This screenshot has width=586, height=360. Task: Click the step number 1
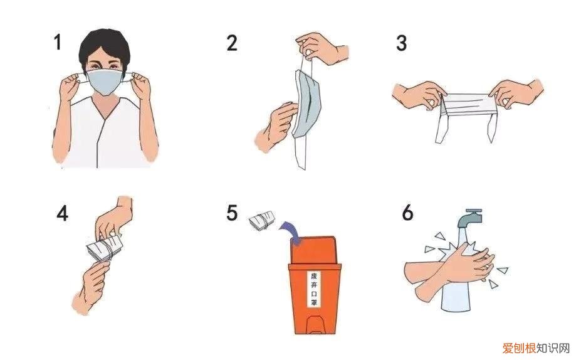[57, 41]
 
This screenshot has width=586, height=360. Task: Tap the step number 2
[232, 43]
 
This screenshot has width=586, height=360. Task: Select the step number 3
[401, 43]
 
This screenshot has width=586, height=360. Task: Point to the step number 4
[63, 213]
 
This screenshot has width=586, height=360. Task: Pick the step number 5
[232, 213]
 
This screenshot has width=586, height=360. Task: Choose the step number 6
[407, 213]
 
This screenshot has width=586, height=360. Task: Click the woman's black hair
[105, 47]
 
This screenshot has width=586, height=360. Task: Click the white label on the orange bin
[314, 289]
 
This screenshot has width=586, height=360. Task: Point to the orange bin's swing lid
[313, 250]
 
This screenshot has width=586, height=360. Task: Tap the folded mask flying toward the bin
[262, 221]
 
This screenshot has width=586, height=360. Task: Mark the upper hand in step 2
[321, 48]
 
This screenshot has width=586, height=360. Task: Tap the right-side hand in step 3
[516, 93]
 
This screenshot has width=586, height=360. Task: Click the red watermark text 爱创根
[519, 349]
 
